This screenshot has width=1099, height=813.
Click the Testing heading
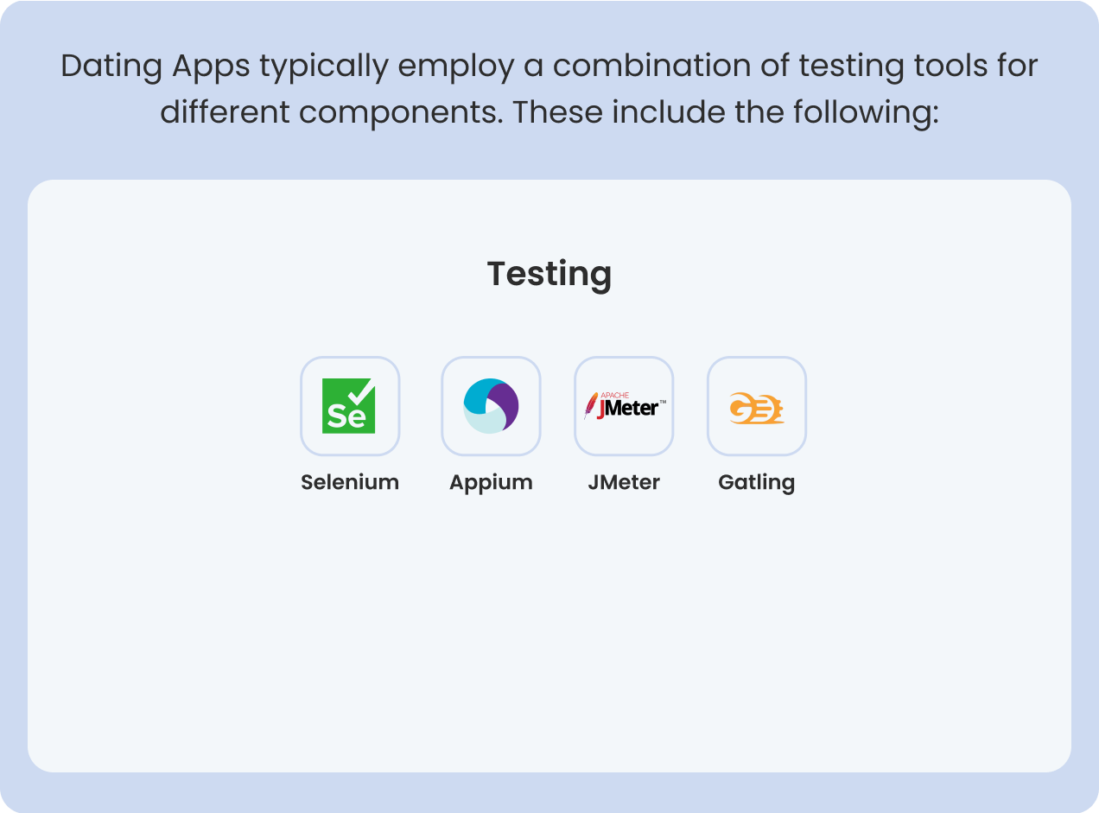(x=549, y=274)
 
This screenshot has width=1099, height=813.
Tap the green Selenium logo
(x=348, y=406)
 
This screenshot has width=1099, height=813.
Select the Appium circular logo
(x=491, y=406)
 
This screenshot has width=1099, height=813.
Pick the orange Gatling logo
(x=756, y=408)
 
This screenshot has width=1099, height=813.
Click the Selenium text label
(x=350, y=482)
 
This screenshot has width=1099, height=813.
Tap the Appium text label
(x=491, y=483)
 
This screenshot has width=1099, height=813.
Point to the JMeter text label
(x=624, y=482)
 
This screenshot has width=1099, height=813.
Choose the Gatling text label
(x=757, y=483)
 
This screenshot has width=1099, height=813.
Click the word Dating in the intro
(x=111, y=67)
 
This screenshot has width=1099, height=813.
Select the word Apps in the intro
(x=211, y=67)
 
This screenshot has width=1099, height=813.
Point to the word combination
(x=651, y=66)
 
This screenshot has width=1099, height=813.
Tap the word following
(x=866, y=113)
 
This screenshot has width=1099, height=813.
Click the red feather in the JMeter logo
(x=591, y=405)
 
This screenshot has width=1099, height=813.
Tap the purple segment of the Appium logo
(x=505, y=403)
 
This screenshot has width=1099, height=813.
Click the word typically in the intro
(x=324, y=67)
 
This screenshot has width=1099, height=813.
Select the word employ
(x=456, y=67)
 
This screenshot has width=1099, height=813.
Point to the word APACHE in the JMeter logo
(x=615, y=395)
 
